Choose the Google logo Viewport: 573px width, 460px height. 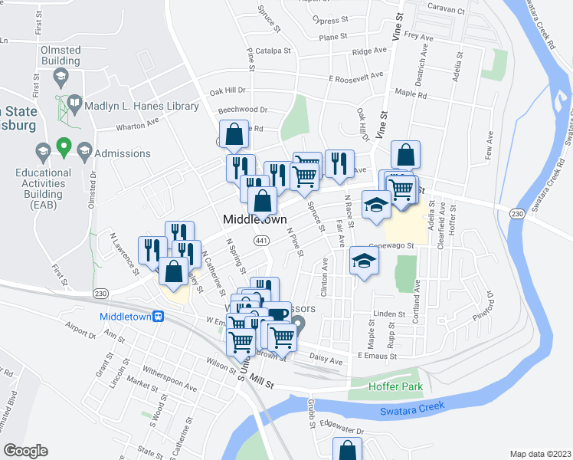25,451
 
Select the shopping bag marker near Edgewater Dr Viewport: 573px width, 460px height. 347,450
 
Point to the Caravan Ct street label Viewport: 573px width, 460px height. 447,11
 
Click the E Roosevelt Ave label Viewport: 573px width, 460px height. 355,77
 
